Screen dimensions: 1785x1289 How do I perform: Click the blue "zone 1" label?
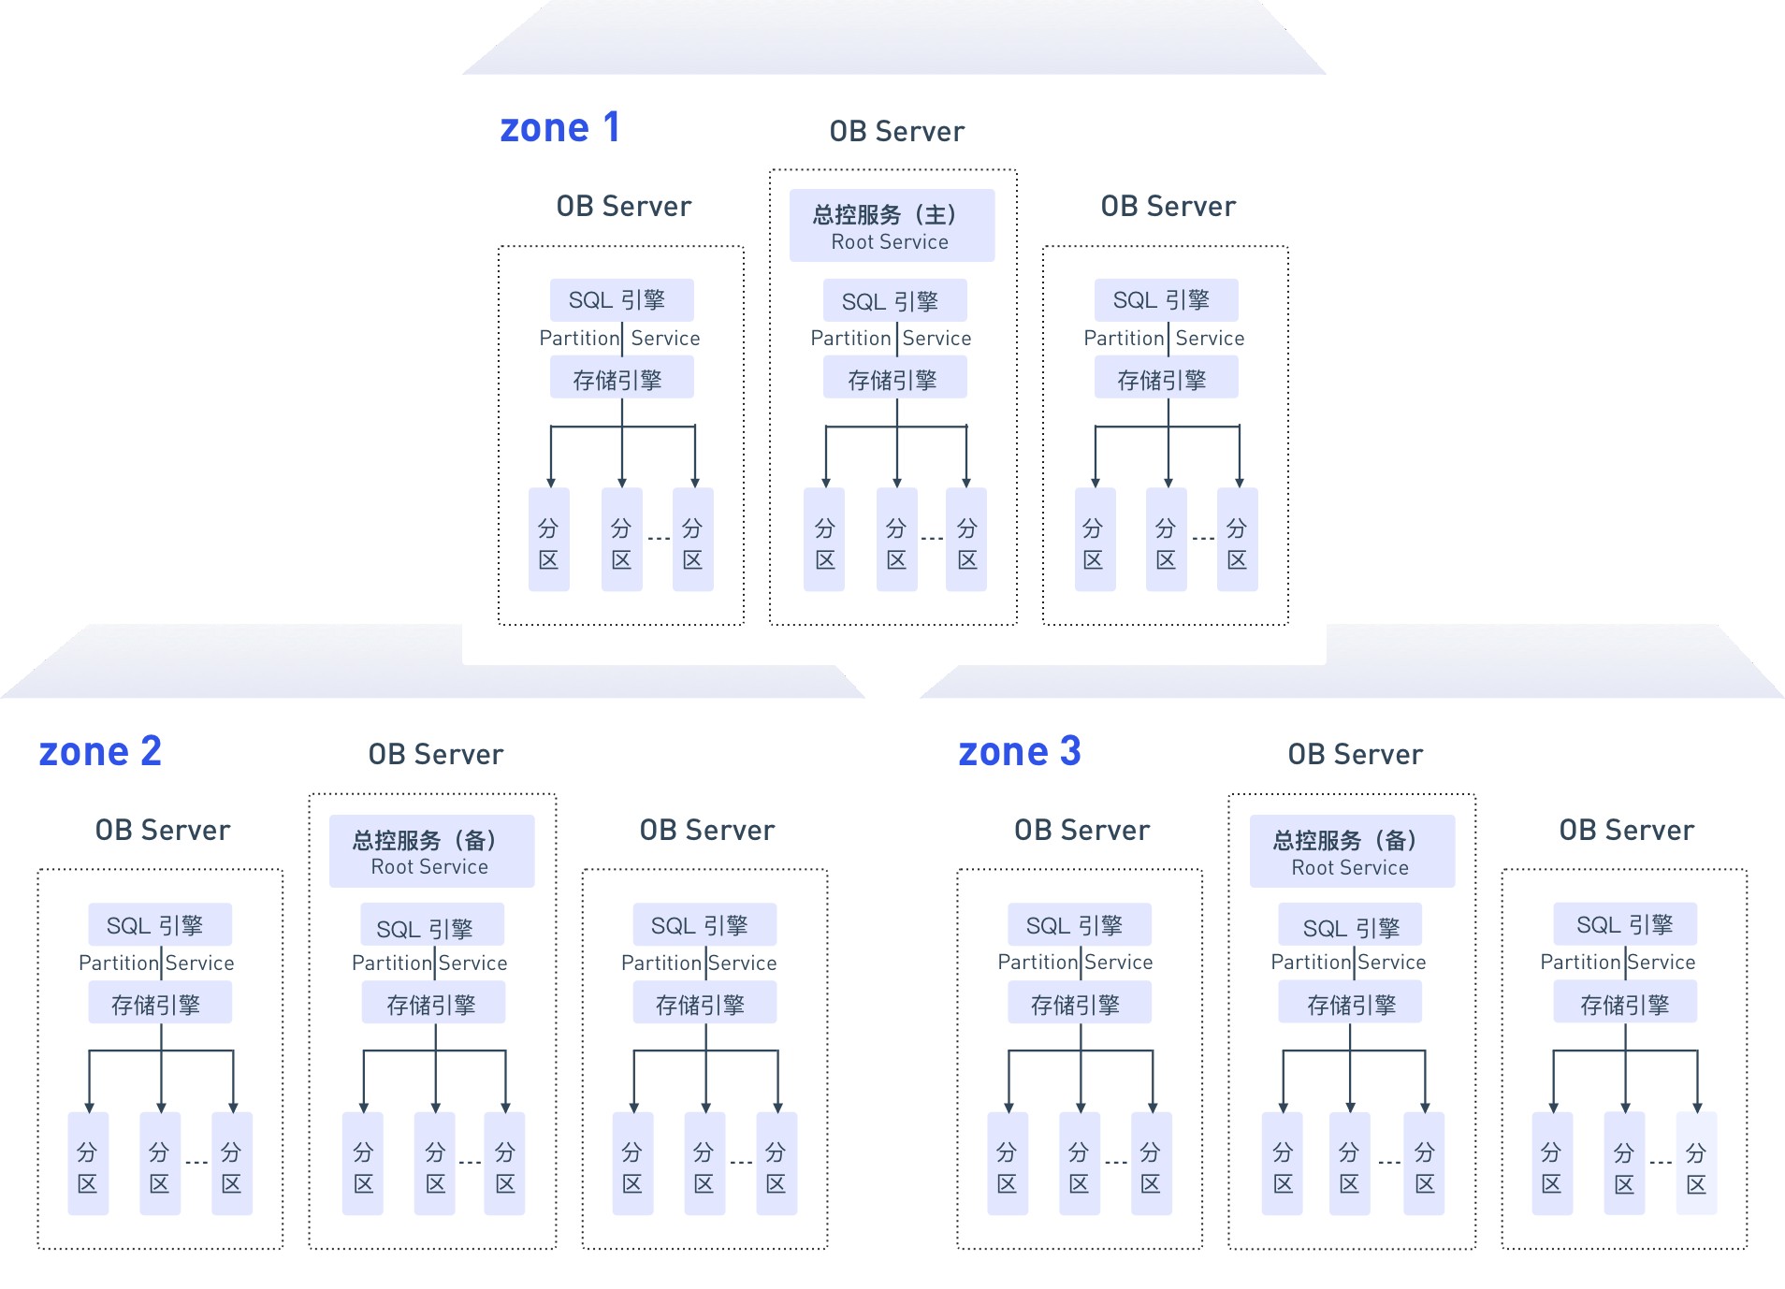coord(559,127)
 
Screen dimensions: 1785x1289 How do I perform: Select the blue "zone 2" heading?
coord(100,751)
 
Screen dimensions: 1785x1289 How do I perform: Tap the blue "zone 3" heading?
coord(1020,751)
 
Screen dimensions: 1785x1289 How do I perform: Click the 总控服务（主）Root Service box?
coord(892,225)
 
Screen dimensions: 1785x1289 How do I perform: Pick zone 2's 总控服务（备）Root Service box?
coord(431,851)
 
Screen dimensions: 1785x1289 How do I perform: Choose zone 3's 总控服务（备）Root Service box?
coord(1352,851)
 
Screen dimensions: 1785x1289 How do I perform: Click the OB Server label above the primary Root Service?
coord(896,131)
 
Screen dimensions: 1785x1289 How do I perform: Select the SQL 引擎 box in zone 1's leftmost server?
coord(621,300)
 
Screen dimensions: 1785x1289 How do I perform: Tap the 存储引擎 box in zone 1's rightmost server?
coord(1166,379)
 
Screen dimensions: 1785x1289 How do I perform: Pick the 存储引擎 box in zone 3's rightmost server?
coord(1625,1003)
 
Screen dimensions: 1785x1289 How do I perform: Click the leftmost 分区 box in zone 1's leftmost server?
coord(549,540)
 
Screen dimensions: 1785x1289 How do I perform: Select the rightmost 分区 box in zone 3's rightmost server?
coord(1696,1164)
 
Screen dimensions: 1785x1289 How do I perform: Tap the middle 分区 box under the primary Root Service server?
coord(896,540)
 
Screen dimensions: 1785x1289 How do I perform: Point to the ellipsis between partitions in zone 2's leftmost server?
coord(196,1163)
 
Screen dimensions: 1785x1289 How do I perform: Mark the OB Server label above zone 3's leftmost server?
coord(1081,830)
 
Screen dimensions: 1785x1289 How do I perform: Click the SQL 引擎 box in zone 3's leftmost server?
coord(1080,925)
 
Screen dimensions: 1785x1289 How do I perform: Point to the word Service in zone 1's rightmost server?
coord(1210,338)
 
